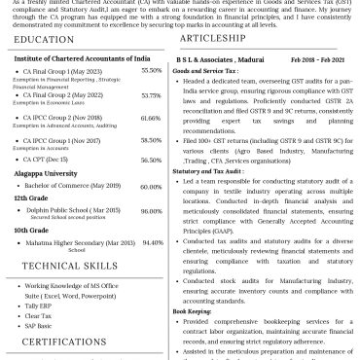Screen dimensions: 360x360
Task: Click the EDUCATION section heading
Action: [x=45, y=39]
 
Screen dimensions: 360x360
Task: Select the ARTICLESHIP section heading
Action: [x=211, y=38]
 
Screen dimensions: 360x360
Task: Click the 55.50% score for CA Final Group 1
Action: [x=151, y=71]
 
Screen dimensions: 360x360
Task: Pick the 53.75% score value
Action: [x=151, y=95]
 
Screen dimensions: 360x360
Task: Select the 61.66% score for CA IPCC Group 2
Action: [x=151, y=119]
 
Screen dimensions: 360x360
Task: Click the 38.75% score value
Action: [x=151, y=141]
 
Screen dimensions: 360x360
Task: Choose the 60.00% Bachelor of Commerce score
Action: [x=151, y=186]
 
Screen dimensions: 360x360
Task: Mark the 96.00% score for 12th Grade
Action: [x=151, y=211]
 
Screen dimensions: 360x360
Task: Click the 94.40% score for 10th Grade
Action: [x=151, y=242]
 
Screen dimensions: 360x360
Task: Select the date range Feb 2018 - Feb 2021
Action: [x=316, y=58]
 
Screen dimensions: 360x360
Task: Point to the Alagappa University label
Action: [x=45, y=173]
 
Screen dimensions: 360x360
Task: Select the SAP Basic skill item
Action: [x=39, y=325]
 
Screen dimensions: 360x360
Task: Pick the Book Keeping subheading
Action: [x=193, y=312]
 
